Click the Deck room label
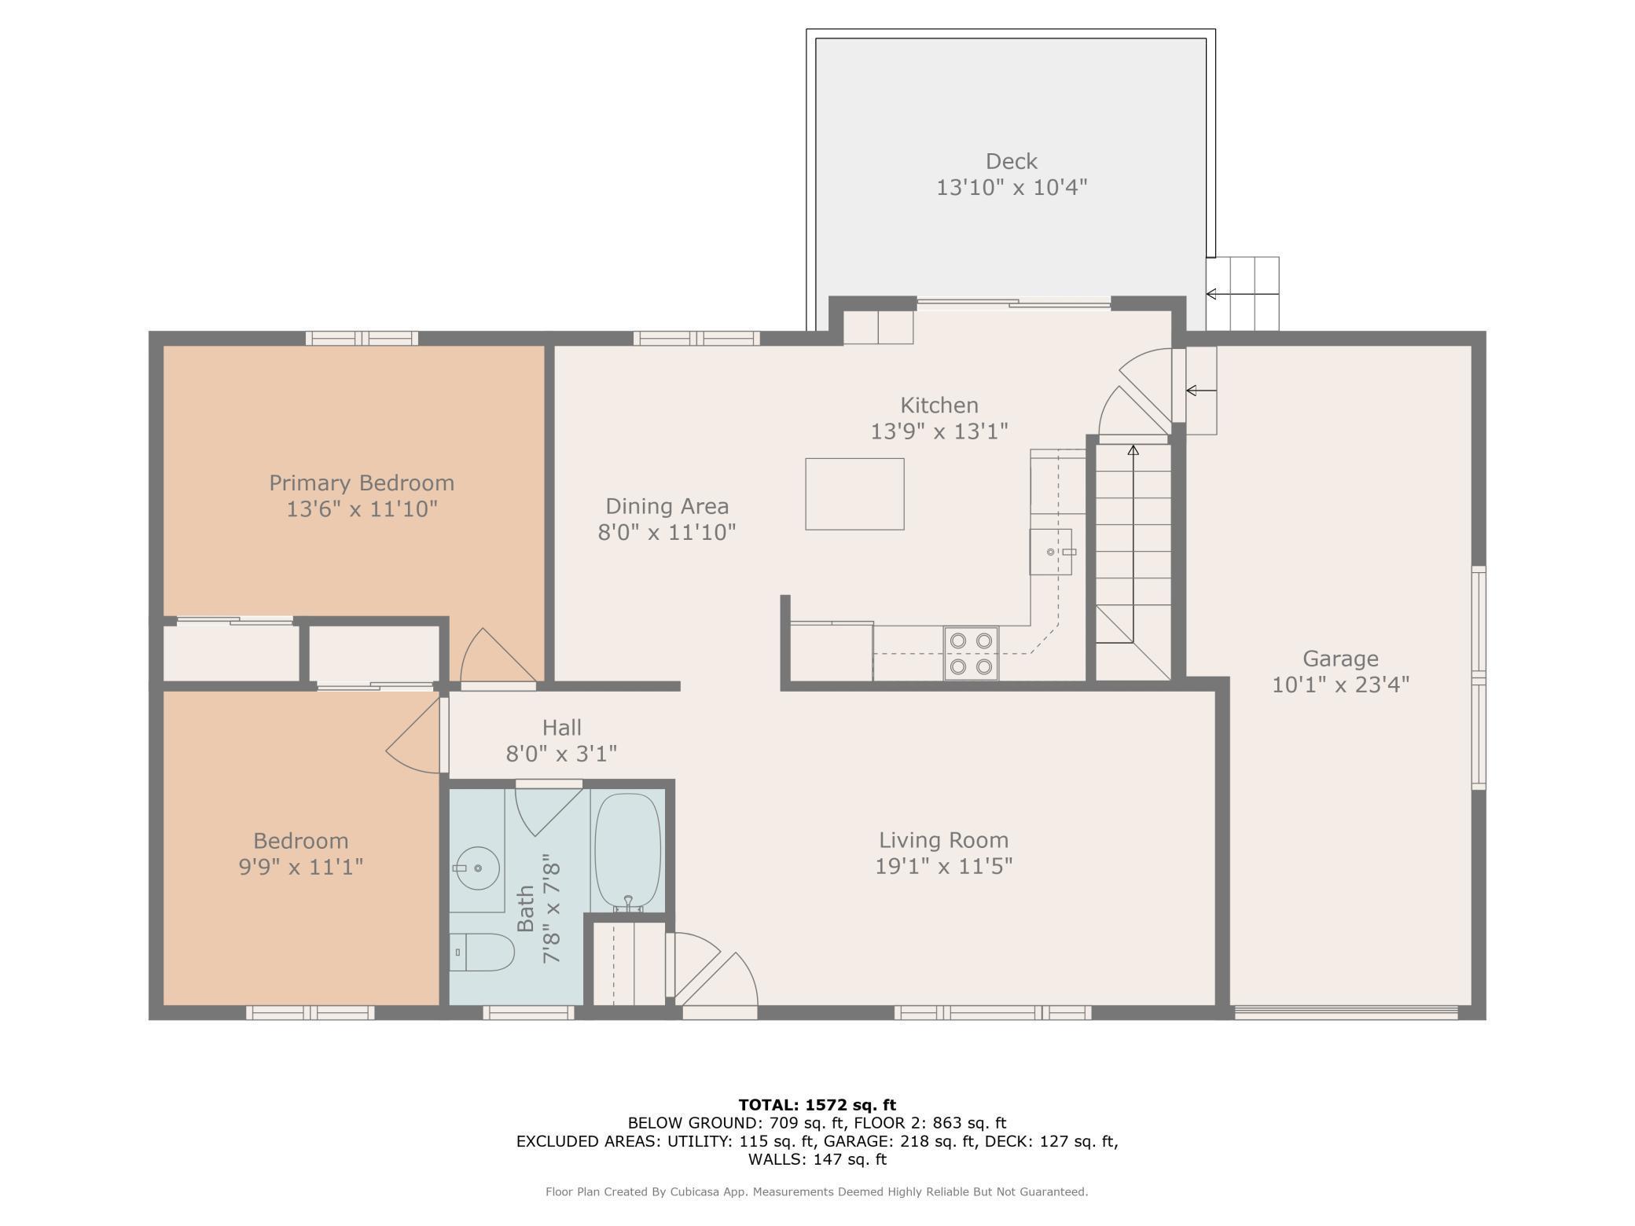point(1012,161)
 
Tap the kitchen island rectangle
point(854,494)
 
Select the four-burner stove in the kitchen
point(971,653)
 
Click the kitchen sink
point(1051,552)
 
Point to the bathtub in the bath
point(628,853)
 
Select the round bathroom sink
point(476,868)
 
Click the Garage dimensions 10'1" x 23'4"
point(1340,685)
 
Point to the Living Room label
point(943,840)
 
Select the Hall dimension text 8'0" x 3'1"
point(561,754)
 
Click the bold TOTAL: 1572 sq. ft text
point(817,1105)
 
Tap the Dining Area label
point(667,506)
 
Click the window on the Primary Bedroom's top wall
point(362,339)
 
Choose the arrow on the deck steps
point(1242,294)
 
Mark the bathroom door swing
point(547,809)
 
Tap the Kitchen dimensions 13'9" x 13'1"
point(939,431)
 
